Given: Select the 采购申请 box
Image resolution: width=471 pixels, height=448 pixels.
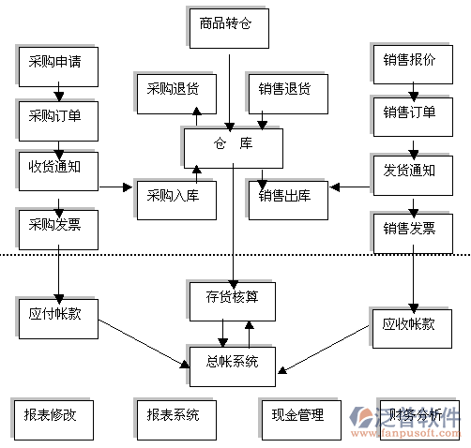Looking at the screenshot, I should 54,64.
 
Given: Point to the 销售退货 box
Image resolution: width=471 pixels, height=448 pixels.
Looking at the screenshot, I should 285,91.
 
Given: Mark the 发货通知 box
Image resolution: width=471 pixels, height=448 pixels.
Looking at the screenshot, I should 409,172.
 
